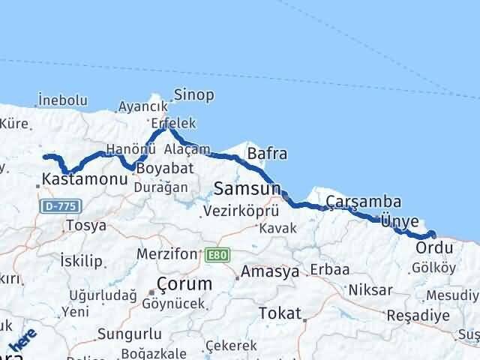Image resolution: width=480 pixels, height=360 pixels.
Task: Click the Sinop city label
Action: (x=193, y=94)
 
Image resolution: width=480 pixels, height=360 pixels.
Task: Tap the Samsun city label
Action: (x=247, y=187)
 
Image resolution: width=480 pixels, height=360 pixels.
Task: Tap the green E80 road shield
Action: (x=216, y=256)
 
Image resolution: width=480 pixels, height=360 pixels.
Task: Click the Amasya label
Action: (x=269, y=271)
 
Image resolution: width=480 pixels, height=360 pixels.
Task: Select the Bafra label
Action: (x=267, y=154)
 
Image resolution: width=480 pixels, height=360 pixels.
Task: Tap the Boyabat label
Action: (x=162, y=169)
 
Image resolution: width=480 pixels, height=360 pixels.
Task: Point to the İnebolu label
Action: (x=63, y=100)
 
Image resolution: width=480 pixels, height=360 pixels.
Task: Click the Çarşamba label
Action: (x=363, y=202)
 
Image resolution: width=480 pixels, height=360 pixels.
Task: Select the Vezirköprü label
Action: (x=241, y=211)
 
